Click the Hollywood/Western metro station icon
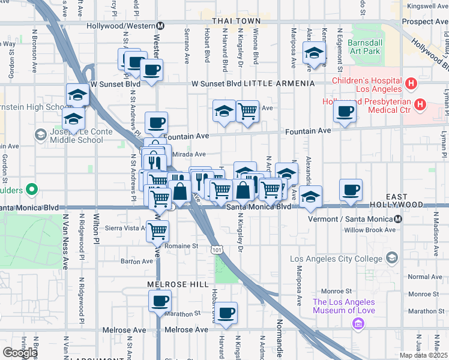(161, 26)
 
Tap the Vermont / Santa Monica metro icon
(399, 218)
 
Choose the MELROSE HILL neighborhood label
(178, 284)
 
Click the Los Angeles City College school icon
(392, 258)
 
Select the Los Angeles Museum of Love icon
(360, 325)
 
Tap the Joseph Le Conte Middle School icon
(41, 134)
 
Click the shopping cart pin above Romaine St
(158, 230)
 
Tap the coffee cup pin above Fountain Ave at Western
(156, 122)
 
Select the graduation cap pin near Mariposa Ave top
(314, 52)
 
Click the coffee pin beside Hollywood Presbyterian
(345, 110)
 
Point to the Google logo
(20, 353)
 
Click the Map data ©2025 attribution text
(423, 355)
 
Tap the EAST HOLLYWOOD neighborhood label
(413, 200)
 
